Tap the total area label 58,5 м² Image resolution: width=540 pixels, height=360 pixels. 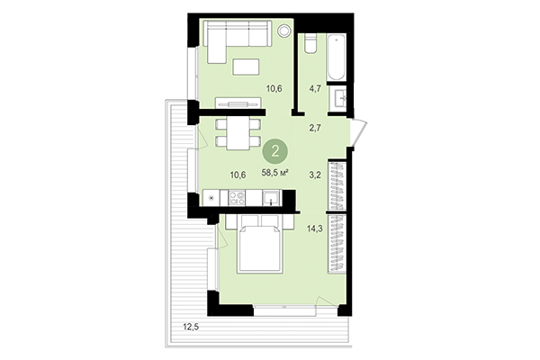(274, 172)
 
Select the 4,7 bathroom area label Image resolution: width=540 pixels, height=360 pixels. (315, 89)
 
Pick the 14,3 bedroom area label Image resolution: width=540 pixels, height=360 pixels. (316, 229)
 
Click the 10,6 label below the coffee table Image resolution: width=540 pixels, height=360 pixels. (275, 88)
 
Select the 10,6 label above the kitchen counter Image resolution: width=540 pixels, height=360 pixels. (238, 174)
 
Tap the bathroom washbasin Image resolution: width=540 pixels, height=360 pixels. (341, 97)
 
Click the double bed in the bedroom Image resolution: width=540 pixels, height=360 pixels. (261, 247)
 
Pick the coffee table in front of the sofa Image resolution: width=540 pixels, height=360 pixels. (246, 66)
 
